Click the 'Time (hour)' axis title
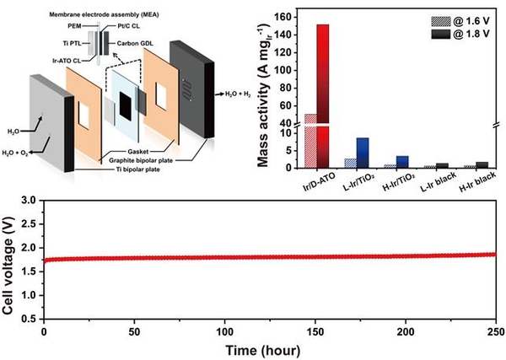click(269, 348)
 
